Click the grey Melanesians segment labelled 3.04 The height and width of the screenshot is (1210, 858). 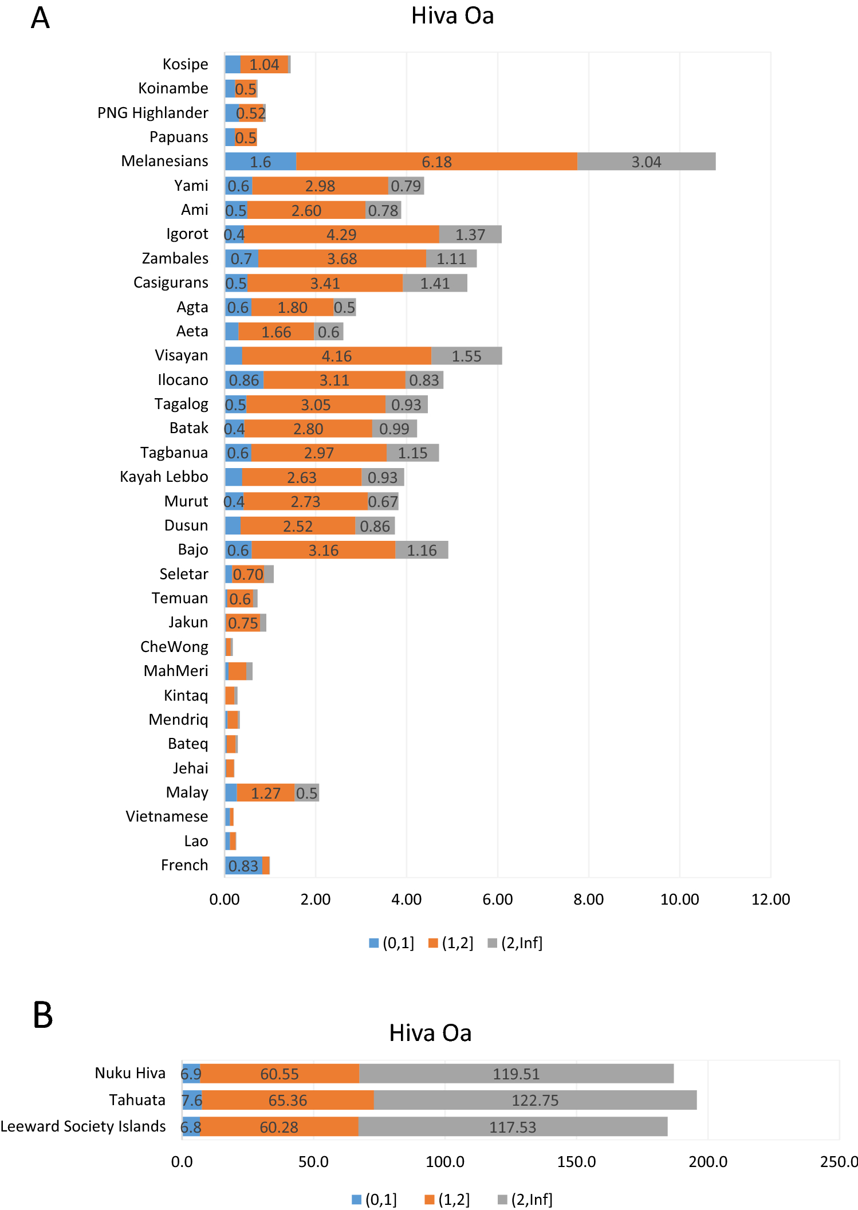646,162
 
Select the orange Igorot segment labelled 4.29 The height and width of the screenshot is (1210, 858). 341,234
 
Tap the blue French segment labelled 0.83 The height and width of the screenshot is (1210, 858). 243,866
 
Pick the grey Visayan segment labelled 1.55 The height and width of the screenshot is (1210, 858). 466,356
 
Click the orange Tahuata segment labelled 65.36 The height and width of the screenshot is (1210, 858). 288,1100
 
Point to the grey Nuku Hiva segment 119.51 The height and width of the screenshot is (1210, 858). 516,1074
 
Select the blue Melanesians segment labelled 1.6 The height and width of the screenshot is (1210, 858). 261,162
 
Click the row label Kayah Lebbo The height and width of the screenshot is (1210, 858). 164,477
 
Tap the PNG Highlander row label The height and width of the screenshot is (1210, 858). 152,113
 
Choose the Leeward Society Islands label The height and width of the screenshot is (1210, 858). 83,1126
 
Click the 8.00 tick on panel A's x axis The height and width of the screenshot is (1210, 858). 588,899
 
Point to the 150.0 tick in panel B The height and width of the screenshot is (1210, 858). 576,1162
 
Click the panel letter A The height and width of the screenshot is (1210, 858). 40,18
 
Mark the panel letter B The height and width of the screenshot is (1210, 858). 43,1015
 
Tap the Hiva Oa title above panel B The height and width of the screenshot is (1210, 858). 430,1033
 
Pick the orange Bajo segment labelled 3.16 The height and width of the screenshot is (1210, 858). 324,550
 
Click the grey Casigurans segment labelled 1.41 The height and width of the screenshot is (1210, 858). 435,283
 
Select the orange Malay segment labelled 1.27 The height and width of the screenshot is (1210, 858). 266,793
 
